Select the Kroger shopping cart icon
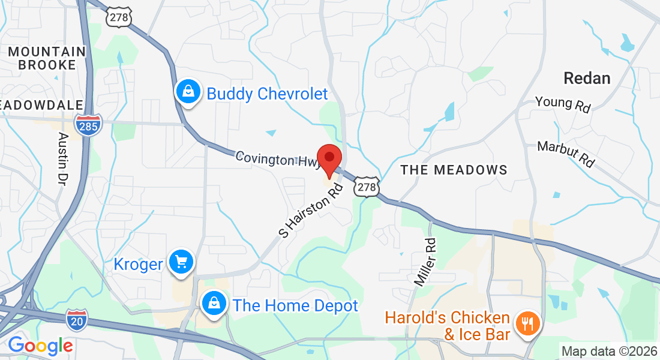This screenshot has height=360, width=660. click(181, 262)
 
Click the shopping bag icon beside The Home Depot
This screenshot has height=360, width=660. click(214, 303)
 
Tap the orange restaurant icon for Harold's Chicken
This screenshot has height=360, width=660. click(528, 325)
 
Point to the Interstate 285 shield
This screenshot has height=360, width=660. click(89, 124)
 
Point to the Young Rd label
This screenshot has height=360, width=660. click(563, 104)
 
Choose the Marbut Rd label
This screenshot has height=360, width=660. click(566, 154)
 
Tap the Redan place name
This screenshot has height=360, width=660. click(587, 78)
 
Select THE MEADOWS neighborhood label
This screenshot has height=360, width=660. click(454, 170)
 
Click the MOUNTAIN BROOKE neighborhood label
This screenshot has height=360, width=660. click(47, 58)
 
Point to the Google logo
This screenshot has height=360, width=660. click(40, 346)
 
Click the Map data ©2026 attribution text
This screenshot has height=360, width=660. click(608, 351)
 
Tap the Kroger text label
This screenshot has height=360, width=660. click(139, 264)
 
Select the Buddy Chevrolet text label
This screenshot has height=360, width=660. click(267, 94)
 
